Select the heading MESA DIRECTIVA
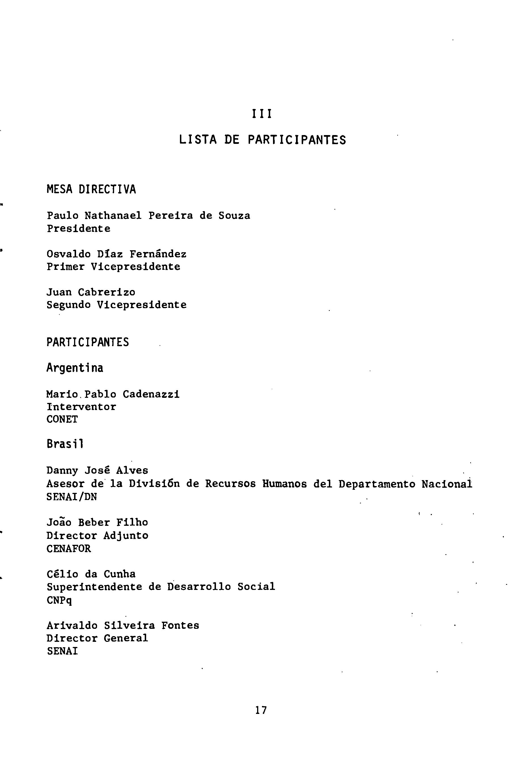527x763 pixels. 91,190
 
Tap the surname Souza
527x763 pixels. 234,216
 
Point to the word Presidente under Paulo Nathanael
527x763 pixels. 79,228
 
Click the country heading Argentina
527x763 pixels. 75,368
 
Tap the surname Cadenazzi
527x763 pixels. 151,394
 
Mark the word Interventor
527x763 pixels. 81,407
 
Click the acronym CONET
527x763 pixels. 62,419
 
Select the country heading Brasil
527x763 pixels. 65,444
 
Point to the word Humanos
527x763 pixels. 285,484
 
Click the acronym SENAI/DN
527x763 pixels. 72,497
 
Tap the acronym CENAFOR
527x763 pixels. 69,548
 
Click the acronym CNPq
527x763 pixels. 59,600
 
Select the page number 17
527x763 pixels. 261,710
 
